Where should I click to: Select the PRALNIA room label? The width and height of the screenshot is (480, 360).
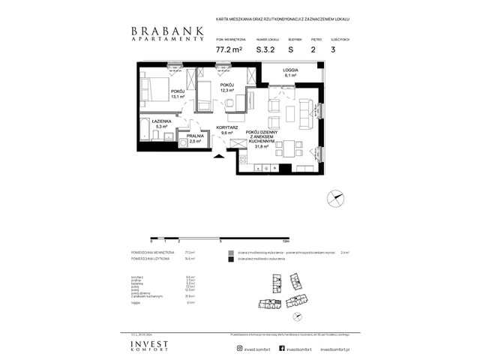(196, 136)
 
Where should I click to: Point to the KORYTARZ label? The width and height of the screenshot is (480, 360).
(227, 127)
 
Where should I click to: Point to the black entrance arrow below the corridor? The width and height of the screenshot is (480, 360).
(219, 156)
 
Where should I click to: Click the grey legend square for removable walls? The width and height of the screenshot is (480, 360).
(231, 253)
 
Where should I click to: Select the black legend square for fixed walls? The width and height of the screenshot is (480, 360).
(231, 260)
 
